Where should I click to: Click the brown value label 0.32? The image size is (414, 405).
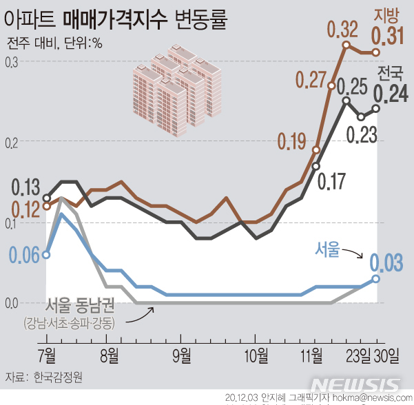click(342, 30)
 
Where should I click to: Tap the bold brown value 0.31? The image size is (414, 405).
click(388, 36)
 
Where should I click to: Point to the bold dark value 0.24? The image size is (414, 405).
click(390, 93)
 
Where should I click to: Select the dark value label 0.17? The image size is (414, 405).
click(331, 182)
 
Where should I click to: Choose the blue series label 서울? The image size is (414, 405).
click(328, 249)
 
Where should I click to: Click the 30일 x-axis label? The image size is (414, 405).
click(386, 355)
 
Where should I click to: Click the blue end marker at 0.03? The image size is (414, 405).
click(375, 278)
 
